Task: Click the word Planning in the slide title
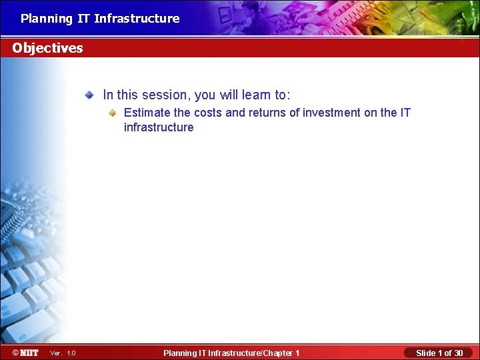(46, 19)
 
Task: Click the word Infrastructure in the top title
(137, 19)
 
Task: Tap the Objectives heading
(47, 48)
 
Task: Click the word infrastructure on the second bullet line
(159, 127)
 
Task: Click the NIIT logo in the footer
(25, 352)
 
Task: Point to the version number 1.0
(71, 353)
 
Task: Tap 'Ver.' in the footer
(56, 353)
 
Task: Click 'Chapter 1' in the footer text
(281, 353)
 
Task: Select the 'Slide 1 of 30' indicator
(439, 353)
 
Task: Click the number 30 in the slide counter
(457, 353)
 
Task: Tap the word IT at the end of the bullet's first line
(405, 113)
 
